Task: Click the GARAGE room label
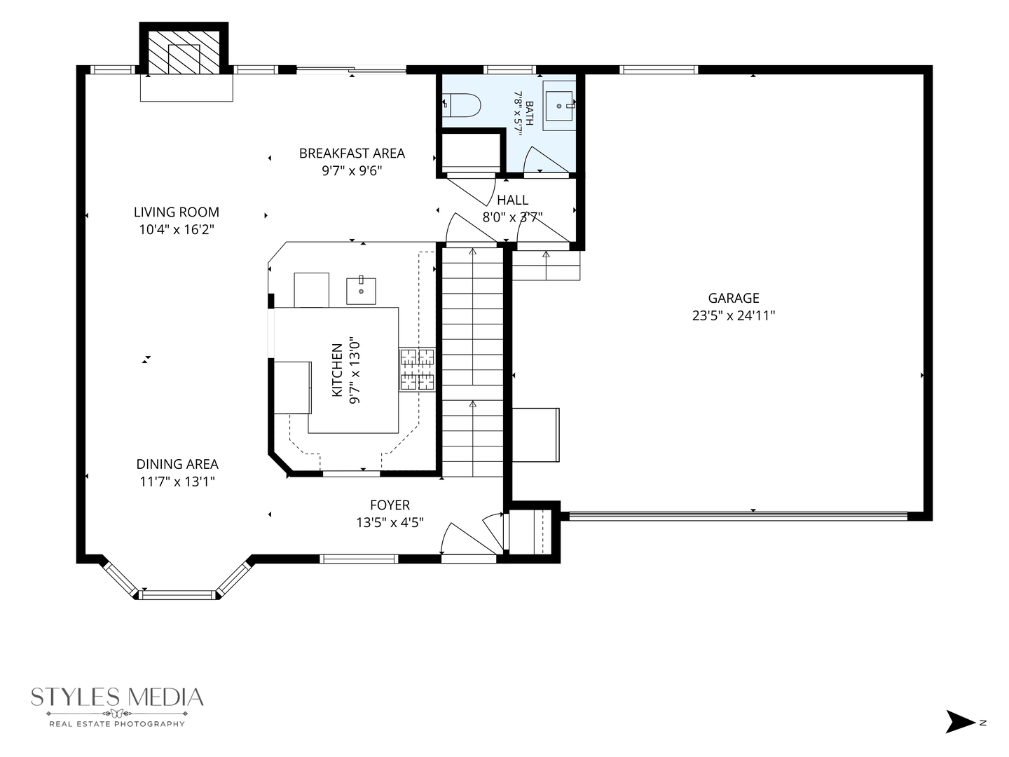[x=733, y=299]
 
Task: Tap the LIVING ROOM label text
[x=177, y=212]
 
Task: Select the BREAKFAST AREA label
[x=352, y=153]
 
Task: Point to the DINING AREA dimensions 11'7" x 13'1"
[x=177, y=482]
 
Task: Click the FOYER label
[x=390, y=505]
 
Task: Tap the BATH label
[x=530, y=114]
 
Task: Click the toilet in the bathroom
[x=462, y=105]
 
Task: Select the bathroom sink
[x=559, y=106]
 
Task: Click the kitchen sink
[x=361, y=290]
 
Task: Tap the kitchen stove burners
[x=417, y=369]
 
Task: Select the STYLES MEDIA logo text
[x=117, y=697]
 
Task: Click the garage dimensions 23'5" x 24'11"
[x=734, y=315]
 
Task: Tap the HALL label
[x=512, y=200]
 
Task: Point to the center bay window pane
[x=177, y=595]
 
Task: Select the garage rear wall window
[x=658, y=70]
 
